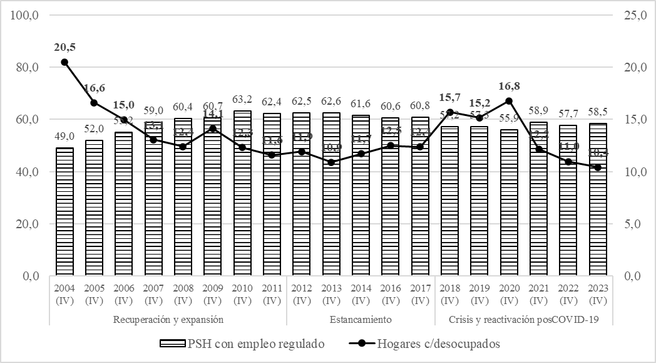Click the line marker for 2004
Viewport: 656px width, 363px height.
point(64,62)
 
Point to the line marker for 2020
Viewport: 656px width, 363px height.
point(509,101)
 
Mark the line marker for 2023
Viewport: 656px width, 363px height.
point(598,167)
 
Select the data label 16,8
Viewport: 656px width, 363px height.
point(509,86)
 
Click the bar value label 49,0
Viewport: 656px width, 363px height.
point(64,137)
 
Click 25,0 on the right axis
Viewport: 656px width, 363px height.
point(632,15)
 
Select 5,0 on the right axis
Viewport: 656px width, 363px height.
point(630,224)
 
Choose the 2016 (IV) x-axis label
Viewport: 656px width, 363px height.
point(391,294)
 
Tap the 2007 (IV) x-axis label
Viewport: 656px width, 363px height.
point(153,294)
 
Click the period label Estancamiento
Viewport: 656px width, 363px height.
point(361,320)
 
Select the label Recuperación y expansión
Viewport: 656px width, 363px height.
point(168,320)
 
